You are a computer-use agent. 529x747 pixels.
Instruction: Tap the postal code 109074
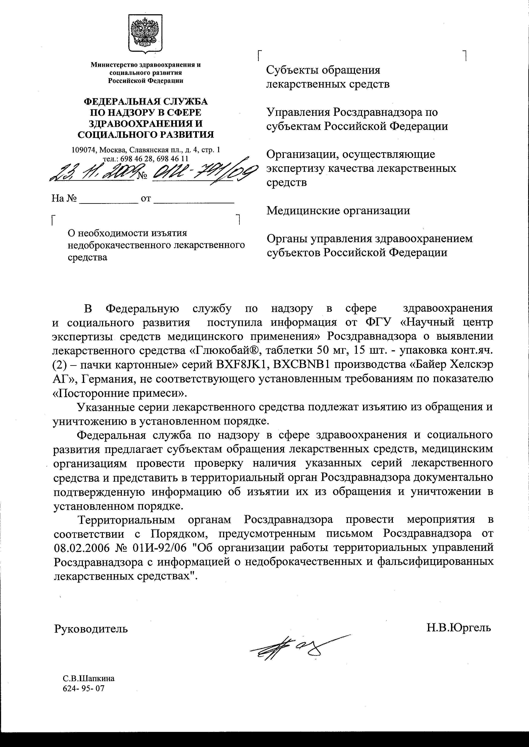pos(84,150)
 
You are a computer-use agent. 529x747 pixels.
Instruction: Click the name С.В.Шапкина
pos(89,679)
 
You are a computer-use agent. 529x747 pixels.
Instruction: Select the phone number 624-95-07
pos(84,688)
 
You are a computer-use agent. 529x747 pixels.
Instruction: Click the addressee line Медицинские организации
pos(338,211)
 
